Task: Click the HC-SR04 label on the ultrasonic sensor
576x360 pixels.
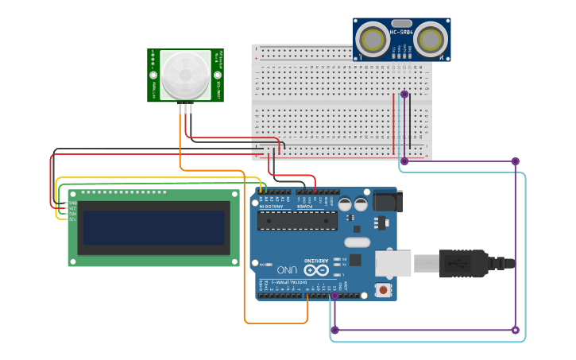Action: (401, 33)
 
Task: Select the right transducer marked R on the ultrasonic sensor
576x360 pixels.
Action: (430, 38)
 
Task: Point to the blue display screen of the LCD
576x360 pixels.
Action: (154, 227)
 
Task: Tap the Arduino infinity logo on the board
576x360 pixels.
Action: (315, 270)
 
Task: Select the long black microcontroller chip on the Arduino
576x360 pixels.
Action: (298, 220)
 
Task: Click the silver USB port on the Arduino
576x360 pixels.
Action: (393, 263)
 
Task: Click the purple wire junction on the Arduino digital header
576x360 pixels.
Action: (334, 296)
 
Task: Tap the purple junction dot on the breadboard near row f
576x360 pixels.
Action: (404, 94)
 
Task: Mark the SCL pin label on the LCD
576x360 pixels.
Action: (72, 219)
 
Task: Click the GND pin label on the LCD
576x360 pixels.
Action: (72, 203)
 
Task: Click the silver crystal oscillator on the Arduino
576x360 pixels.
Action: (358, 242)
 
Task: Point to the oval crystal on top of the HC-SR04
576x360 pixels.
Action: (401, 23)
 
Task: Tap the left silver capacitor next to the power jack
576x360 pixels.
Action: (346, 204)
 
